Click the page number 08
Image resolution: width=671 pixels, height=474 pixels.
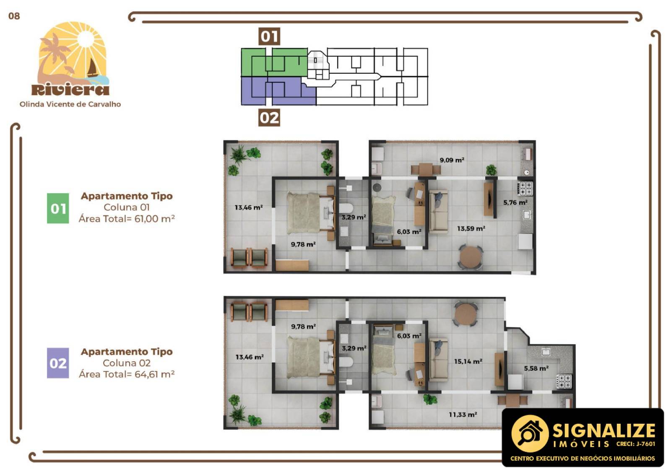tap(14, 16)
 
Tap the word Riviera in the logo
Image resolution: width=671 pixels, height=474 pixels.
tap(70, 89)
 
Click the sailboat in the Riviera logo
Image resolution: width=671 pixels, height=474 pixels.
tap(92, 68)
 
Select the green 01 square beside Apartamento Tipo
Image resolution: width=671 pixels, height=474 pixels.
tap(58, 208)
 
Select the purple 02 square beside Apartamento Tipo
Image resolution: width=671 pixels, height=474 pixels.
tap(58, 363)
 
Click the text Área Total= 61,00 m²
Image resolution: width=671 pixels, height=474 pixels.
tap(127, 219)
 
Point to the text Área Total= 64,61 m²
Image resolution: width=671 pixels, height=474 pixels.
tap(127, 374)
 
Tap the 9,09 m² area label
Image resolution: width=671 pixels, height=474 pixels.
tap(452, 160)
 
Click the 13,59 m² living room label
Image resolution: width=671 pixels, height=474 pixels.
tap(471, 229)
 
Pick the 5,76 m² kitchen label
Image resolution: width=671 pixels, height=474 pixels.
tap(515, 203)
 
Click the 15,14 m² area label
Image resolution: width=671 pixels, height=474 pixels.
tap(468, 361)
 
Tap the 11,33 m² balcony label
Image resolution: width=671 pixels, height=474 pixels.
tap(463, 415)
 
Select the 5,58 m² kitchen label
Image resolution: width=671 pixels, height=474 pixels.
tap(536, 369)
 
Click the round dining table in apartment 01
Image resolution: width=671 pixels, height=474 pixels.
tap(471, 256)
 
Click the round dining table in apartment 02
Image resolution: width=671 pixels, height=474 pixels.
tap(465, 314)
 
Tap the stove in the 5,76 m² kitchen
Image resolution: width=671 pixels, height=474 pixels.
tap(526, 188)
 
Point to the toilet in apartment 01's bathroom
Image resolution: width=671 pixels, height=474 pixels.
tap(346, 208)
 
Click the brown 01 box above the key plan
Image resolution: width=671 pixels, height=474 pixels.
tap(269, 36)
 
